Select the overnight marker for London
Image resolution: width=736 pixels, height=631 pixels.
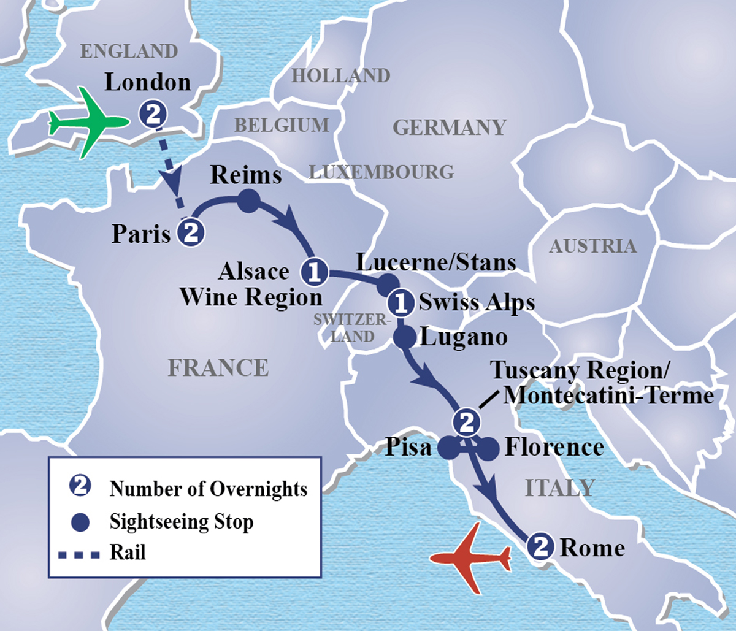click(x=153, y=114)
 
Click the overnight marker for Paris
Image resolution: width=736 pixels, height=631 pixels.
click(x=191, y=233)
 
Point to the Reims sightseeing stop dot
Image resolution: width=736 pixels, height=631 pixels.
click(x=248, y=201)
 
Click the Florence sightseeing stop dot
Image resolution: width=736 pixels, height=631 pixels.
click(x=488, y=449)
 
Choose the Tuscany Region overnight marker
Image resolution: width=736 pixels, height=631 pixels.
click(x=466, y=421)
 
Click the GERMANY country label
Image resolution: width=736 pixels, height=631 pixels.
click(x=449, y=128)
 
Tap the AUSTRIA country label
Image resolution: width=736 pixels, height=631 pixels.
click(x=592, y=246)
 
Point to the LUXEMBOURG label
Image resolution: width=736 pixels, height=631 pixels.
click(x=381, y=172)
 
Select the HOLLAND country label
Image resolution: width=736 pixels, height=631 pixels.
click(x=340, y=75)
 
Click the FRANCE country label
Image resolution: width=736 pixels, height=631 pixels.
click(x=218, y=367)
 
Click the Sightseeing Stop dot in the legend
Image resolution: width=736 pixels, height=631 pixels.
click(x=80, y=522)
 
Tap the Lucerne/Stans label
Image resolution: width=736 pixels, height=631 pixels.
click(x=436, y=262)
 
